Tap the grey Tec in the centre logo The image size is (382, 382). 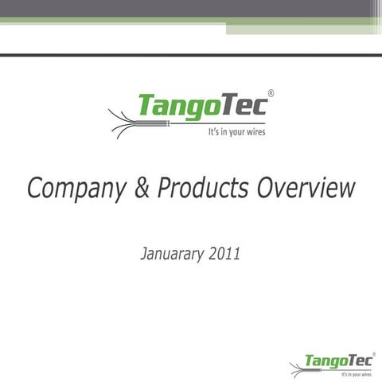click(242, 104)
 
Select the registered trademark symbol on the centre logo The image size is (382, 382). click(271, 94)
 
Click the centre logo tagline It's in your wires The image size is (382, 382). click(237, 132)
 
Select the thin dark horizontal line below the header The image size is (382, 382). click(191, 55)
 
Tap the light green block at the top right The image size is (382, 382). click(302, 28)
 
